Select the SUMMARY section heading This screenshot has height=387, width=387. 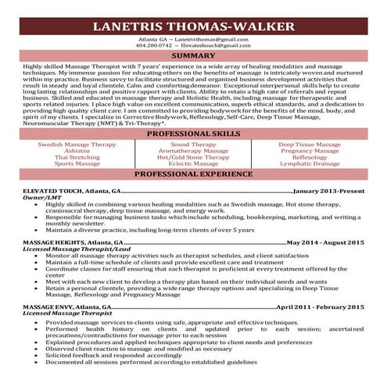[193, 56]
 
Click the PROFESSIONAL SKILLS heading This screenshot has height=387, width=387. [193, 134]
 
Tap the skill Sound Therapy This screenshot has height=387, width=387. [193, 145]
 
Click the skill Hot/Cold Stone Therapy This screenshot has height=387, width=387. [193, 157]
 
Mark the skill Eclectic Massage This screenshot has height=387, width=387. [193, 164]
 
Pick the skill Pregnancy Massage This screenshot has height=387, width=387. [310, 151]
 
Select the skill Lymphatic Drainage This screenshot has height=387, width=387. [310, 164]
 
